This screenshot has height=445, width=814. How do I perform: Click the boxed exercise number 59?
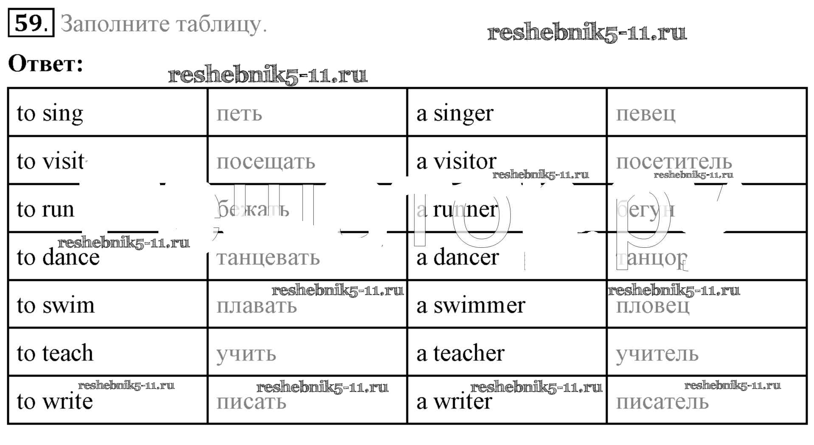pos(31,23)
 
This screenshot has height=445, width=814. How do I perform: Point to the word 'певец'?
pos(645,113)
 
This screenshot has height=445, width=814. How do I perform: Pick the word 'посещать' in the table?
pos(266,162)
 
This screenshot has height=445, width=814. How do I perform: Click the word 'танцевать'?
pos(268,258)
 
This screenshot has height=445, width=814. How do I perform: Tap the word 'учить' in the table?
pos(246,354)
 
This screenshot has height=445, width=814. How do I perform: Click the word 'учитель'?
pos(657,354)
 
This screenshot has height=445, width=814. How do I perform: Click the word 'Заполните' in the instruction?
pos(115,24)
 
